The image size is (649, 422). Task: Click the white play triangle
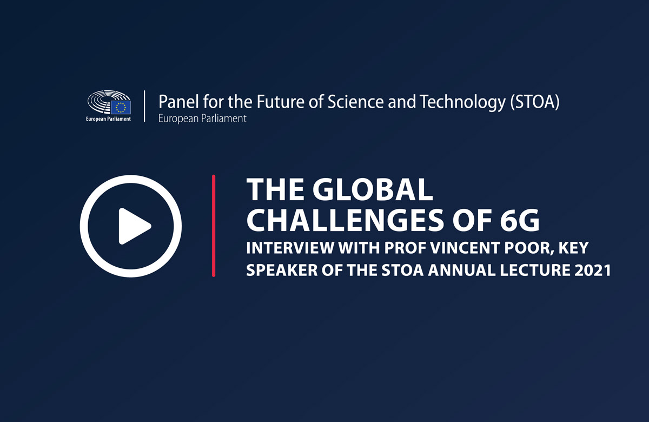click(133, 226)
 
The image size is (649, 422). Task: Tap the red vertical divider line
click(214, 226)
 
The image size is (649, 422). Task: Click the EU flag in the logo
click(121, 107)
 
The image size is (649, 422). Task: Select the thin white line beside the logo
click(144, 106)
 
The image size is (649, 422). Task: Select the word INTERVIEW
click(290, 248)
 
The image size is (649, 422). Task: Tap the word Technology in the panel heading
click(463, 102)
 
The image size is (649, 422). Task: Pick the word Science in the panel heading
click(355, 102)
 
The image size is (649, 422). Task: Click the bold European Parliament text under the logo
click(108, 119)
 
